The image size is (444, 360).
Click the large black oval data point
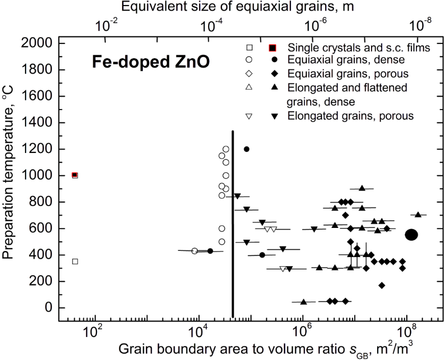tap(412, 235)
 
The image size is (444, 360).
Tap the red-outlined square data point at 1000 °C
tap(75, 175)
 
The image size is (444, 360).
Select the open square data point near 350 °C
tap(75, 262)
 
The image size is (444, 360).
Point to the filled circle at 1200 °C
tap(246, 149)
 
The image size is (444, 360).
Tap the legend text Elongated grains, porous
tap(350, 116)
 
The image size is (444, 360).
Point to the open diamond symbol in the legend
tap(250, 74)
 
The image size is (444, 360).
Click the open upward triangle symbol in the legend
tap(250, 88)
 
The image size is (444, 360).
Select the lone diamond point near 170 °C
tap(381, 285)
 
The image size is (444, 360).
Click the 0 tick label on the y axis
tap(49, 307)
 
